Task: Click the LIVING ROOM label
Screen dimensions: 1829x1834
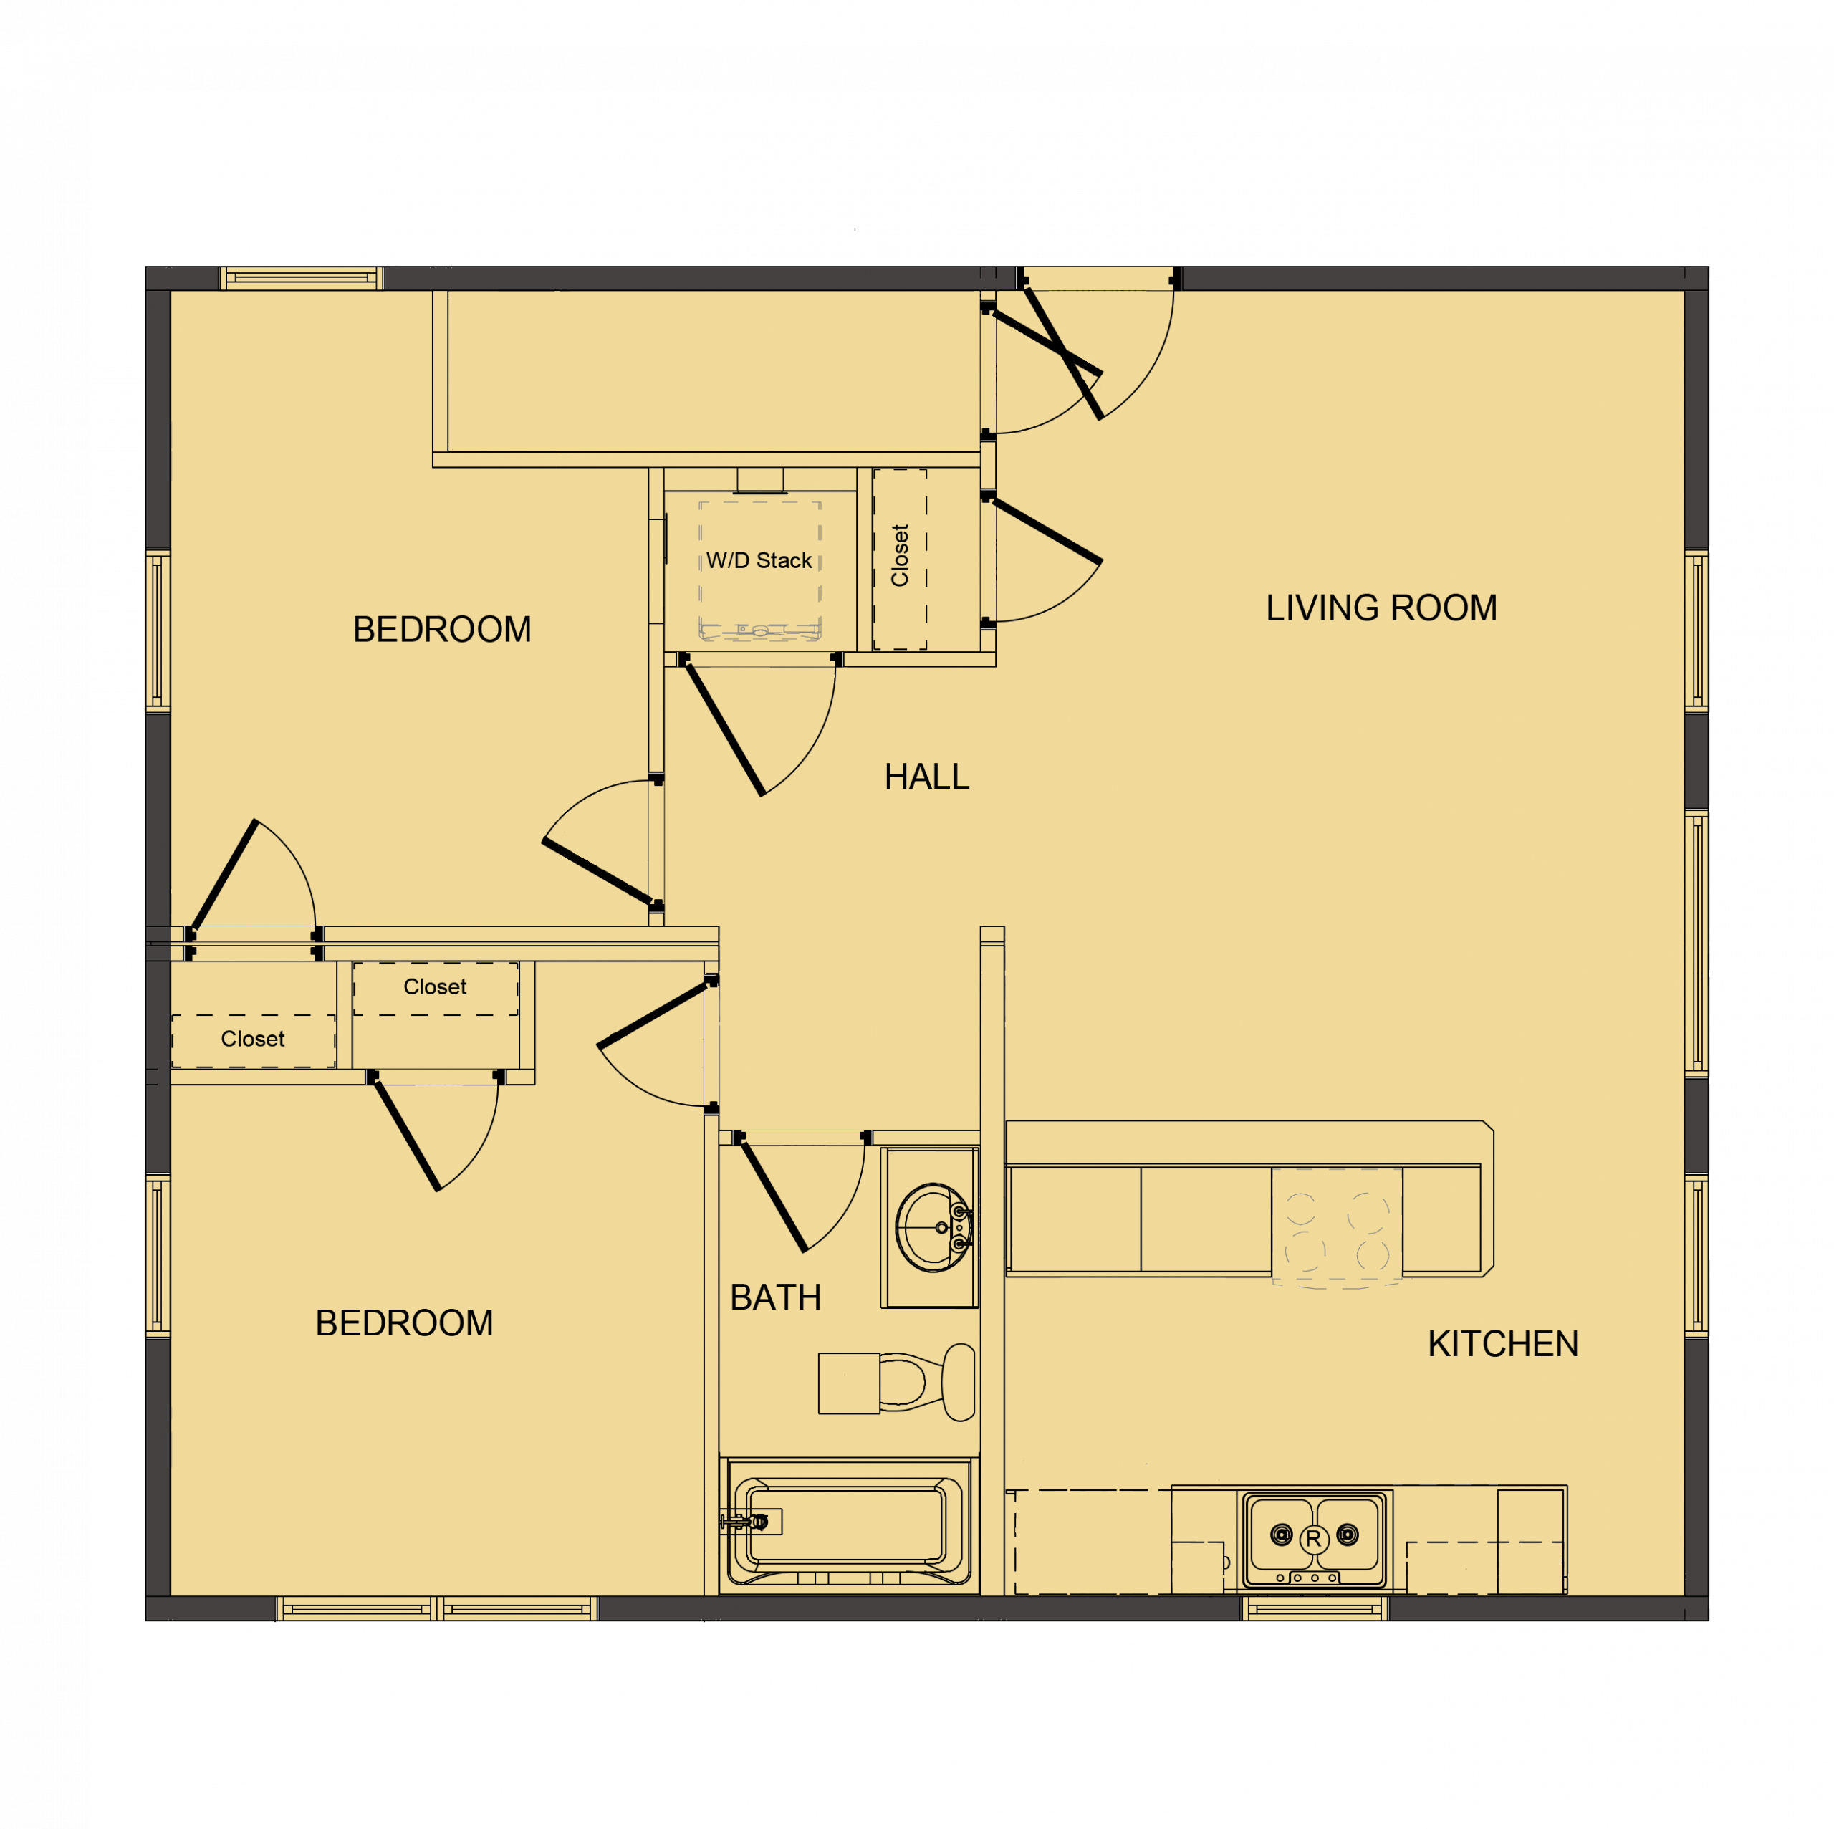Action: coord(1381,608)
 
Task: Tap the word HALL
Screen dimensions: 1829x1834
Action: coord(926,777)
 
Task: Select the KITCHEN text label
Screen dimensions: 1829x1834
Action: coord(1503,1344)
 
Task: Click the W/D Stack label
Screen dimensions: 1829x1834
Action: coord(759,561)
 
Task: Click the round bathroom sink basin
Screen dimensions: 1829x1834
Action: coord(931,1227)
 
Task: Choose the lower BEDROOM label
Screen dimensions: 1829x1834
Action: coord(404,1323)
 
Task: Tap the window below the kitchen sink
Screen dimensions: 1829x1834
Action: coord(1315,1607)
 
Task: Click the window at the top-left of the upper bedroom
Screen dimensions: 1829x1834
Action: coord(302,278)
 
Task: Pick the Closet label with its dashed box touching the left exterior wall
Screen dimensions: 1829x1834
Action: coord(252,1040)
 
